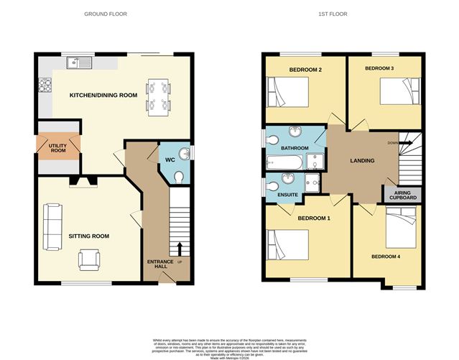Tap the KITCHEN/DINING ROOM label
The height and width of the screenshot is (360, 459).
(103, 95)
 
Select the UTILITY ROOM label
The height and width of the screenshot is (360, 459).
(57, 148)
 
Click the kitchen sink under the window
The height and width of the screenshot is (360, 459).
(78, 63)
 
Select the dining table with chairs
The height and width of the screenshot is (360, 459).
(158, 96)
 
